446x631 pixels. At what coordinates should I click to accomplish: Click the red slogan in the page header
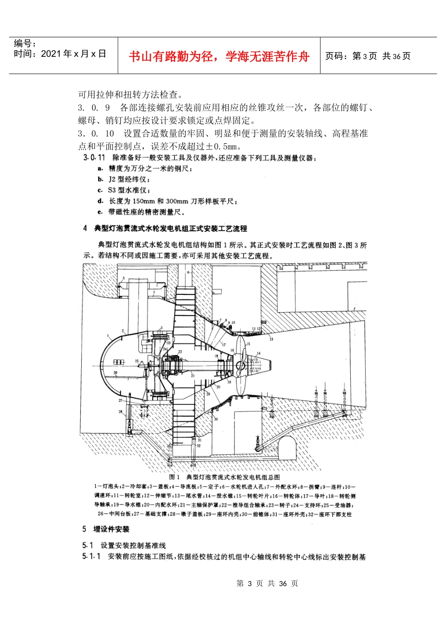(219, 57)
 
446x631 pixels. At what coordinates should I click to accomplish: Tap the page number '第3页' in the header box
(364, 56)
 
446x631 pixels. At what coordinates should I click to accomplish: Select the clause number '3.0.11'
(94, 158)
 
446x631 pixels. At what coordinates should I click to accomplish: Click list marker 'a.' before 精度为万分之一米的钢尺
(100, 168)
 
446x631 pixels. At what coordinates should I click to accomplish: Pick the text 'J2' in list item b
(112, 179)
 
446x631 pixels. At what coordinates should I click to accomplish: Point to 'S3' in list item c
(112, 190)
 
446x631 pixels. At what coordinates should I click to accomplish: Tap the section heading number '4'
(85, 229)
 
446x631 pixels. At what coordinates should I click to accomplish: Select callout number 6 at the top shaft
(188, 272)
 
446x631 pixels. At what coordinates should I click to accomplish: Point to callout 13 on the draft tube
(271, 339)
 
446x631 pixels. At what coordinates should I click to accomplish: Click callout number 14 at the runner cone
(258, 353)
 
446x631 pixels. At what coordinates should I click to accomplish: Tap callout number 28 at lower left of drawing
(121, 412)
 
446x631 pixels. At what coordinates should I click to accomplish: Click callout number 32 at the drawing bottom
(199, 445)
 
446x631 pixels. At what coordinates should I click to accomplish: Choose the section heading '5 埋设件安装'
(106, 529)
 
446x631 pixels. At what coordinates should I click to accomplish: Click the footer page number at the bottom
(267, 584)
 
